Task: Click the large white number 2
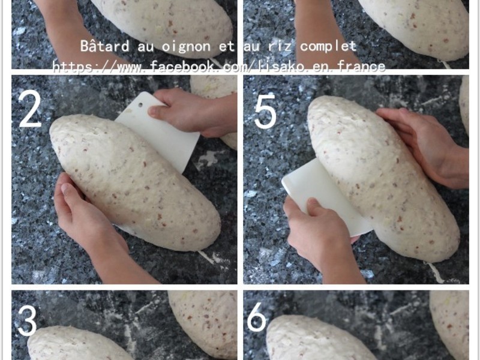30,109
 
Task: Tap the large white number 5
265,109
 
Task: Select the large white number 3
28,321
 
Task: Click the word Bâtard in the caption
104,46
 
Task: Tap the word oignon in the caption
186,47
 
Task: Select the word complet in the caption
328,46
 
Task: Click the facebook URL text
218,67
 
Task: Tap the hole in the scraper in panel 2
140,105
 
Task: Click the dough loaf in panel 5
383,178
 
